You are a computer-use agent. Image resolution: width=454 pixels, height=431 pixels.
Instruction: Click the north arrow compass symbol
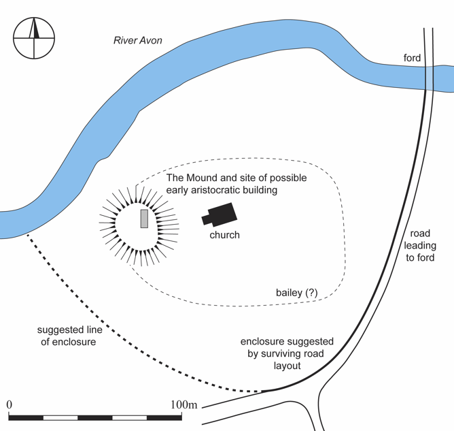point(33,39)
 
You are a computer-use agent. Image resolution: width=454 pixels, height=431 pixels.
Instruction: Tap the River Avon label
point(138,41)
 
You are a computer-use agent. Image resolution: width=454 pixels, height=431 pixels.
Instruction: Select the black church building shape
point(219,215)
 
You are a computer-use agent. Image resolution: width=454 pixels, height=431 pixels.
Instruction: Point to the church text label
point(224,236)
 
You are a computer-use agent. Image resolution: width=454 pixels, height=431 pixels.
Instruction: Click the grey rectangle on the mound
point(144,219)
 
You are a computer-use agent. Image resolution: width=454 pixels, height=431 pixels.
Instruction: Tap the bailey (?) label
point(296,292)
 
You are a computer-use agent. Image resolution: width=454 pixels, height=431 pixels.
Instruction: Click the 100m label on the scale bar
point(184,405)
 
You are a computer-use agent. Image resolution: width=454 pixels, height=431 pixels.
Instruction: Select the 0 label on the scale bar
point(10,405)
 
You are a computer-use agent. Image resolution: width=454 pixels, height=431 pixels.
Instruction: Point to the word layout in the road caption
point(287,365)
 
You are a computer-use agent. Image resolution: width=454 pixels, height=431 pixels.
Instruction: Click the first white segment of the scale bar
point(61,416)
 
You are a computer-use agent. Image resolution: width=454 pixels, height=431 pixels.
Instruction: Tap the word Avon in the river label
point(151,41)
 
